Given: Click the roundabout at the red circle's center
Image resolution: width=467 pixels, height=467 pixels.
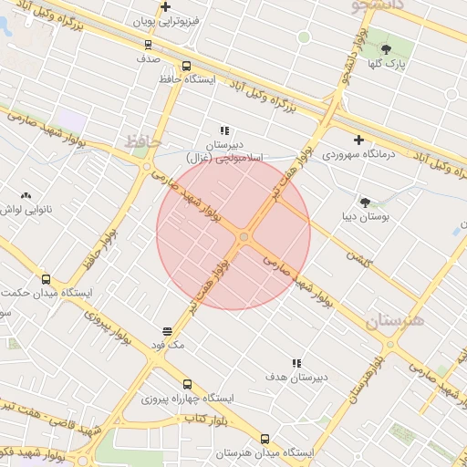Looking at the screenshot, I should pos(244,237).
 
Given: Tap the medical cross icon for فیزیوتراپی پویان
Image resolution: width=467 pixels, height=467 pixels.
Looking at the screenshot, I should pos(165,7).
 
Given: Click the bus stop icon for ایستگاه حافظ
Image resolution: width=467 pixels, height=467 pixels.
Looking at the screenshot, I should pos(186,66).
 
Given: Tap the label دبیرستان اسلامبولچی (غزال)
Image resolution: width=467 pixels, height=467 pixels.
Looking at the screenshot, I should pos(225,151).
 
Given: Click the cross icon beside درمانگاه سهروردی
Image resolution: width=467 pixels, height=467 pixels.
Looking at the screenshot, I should pos(359,140).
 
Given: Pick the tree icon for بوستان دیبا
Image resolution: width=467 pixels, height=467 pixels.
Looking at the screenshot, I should pos(366,202).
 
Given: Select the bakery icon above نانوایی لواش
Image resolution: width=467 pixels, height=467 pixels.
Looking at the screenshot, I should pos(25,195).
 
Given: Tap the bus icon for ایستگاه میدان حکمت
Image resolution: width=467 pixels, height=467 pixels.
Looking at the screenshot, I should pos(47,279).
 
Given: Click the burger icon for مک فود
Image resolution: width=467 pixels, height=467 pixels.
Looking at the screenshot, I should pos(168,331).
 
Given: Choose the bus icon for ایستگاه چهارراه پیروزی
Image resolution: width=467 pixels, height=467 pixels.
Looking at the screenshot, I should pos(187,384).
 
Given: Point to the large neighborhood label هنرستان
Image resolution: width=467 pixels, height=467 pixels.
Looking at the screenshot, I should pos(395,321).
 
